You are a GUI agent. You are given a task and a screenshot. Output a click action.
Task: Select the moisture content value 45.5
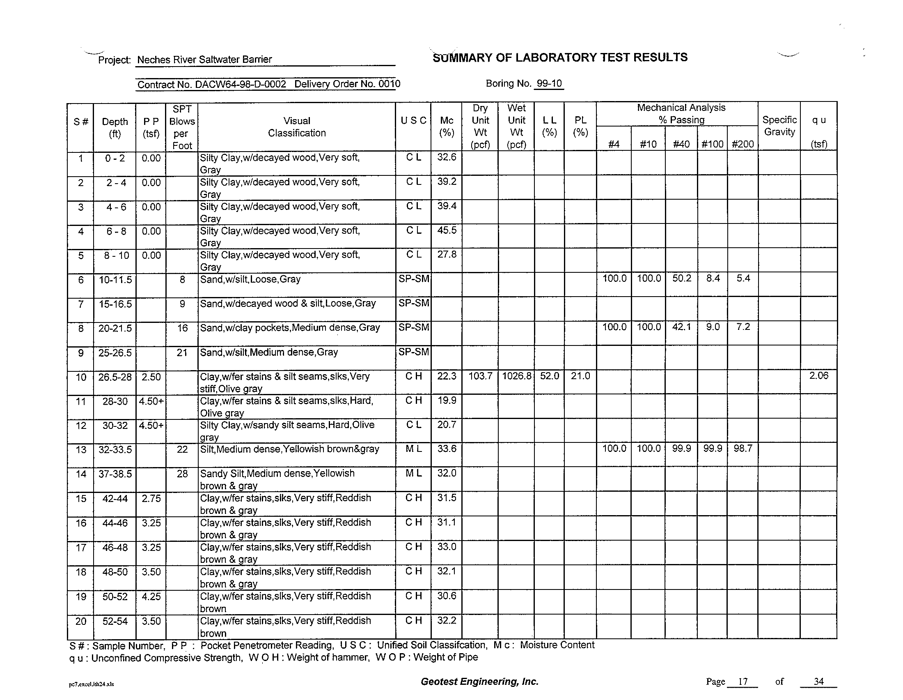click(447, 230)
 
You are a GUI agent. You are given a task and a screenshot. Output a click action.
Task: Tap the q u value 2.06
click(818, 375)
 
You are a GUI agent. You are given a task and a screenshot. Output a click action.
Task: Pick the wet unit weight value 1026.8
click(516, 376)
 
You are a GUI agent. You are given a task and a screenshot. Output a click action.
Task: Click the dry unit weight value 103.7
click(480, 376)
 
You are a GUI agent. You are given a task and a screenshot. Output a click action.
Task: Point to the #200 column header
click(743, 144)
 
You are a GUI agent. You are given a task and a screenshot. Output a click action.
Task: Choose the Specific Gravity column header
click(779, 126)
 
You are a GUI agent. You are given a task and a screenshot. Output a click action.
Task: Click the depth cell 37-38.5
click(115, 474)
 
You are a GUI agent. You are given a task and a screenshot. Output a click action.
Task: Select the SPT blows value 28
click(182, 474)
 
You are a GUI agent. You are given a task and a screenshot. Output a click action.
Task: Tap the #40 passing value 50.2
click(681, 279)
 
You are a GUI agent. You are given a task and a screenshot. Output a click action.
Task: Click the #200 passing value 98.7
click(743, 449)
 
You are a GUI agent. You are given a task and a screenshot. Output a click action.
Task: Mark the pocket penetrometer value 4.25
click(151, 596)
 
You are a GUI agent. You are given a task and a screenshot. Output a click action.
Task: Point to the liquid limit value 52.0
click(549, 376)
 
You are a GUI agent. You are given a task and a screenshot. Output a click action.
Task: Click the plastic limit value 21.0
click(580, 376)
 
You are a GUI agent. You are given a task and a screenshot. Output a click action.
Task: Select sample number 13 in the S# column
click(80, 449)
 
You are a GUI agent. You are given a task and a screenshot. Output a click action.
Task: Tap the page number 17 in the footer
click(743, 682)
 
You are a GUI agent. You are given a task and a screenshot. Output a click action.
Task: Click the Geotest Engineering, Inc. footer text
click(479, 682)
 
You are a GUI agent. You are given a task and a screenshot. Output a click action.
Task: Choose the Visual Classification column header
click(296, 127)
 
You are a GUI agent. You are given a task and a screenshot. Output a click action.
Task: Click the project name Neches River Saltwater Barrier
click(204, 60)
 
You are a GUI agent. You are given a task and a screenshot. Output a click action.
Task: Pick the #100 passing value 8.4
click(713, 279)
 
